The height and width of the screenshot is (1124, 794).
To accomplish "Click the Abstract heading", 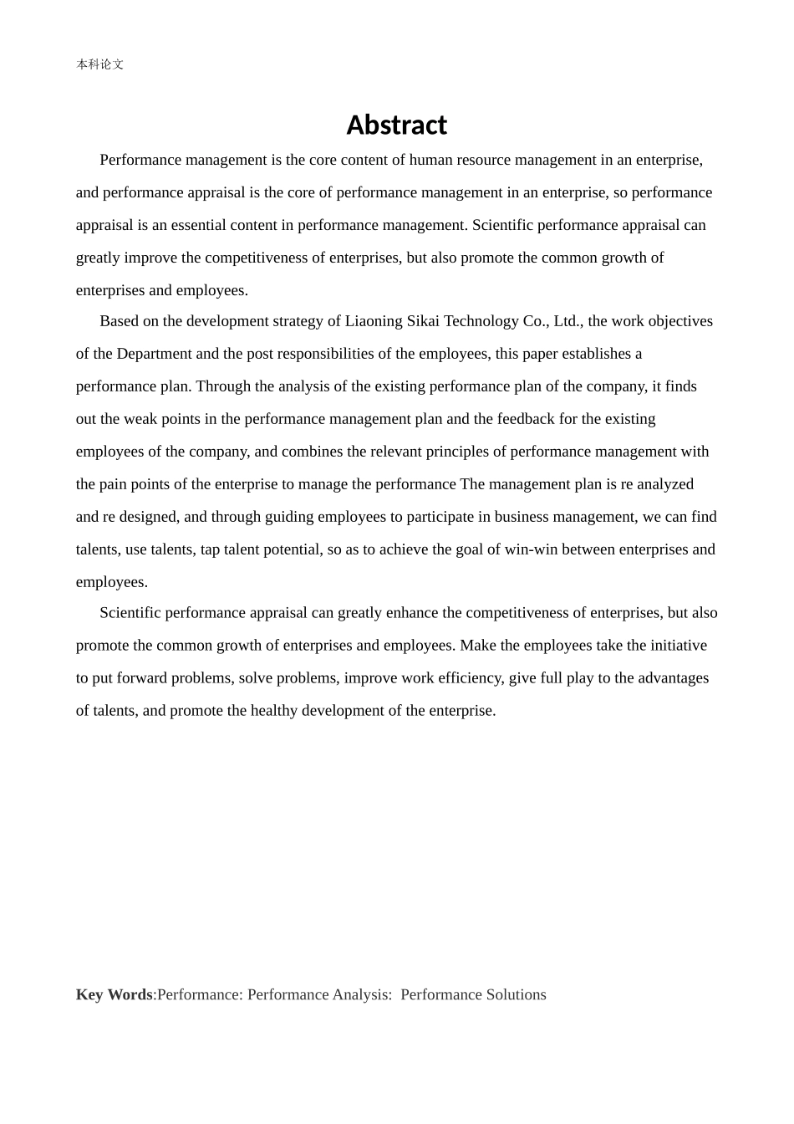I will tap(396, 125).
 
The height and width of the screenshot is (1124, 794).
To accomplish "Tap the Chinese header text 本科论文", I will tap(99, 64).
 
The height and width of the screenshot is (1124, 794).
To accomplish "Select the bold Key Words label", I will tap(114, 994).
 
